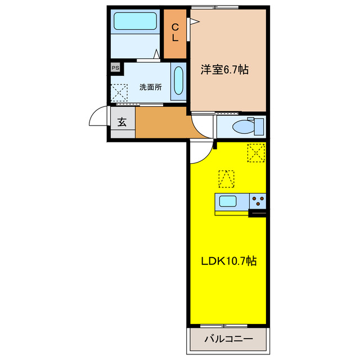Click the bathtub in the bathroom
click(135, 21)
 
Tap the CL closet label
click(175, 32)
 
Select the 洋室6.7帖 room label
click(225, 70)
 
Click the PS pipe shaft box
click(115, 68)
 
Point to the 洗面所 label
click(151, 87)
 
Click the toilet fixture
click(243, 126)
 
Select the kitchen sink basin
click(229, 201)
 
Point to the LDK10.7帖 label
click(229, 262)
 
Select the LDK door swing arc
click(200, 151)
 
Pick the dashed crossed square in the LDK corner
click(255, 152)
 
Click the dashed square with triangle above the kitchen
click(226, 178)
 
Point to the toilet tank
click(259, 126)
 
